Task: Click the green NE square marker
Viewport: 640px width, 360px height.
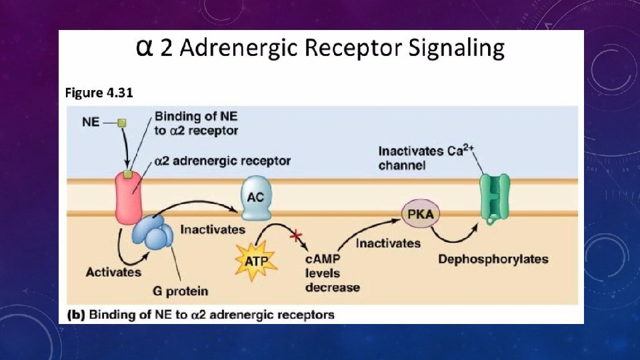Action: point(121,123)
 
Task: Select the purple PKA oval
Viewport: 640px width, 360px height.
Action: point(421,215)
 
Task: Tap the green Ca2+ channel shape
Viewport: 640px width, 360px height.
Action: point(494,197)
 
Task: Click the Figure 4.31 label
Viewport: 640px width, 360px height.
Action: point(99,93)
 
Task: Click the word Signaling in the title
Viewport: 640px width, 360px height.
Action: point(455,49)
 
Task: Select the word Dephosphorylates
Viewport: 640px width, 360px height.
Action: point(493,259)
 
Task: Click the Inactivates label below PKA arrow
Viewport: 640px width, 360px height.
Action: point(388,243)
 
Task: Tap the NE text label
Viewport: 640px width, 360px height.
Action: point(91,123)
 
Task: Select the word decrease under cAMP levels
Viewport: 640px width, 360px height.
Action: point(332,287)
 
